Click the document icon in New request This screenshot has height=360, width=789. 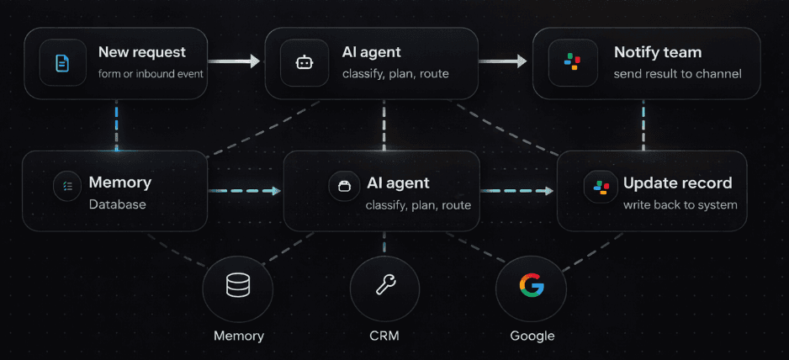point(62,62)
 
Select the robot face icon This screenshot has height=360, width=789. point(304,62)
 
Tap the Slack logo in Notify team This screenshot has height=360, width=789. point(572,62)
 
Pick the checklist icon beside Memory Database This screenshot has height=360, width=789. point(67,187)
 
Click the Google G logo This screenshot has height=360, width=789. point(531,287)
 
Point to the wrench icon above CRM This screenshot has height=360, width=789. point(384,287)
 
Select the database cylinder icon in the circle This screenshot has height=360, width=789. point(238,287)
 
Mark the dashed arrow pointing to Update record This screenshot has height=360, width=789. point(518,191)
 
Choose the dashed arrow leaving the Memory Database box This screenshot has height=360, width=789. point(244,191)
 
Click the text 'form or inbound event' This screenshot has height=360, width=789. point(151,73)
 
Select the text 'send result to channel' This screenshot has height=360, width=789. point(677,73)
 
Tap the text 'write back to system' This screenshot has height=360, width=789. point(680,205)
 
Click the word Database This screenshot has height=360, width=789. point(117,204)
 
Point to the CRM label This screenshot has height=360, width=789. point(384,336)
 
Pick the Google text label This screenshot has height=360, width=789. point(532,336)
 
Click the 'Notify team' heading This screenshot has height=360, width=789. point(658,52)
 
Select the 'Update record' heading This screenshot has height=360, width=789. point(677,183)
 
